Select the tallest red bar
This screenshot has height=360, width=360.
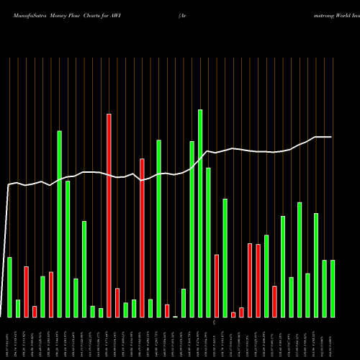click(109, 215)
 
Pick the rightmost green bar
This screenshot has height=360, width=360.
click(333, 288)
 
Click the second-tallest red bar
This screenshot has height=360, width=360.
click(142, 238)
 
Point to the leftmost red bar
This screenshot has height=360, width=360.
click(26, 292)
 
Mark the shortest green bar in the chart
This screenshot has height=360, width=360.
click(175, 316)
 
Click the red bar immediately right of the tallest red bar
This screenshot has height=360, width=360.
click(117, 302)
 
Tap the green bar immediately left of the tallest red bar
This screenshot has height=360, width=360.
click(101, 312)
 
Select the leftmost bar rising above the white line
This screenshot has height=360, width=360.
click(59, 223)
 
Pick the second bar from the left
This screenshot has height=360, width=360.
click(18, 308)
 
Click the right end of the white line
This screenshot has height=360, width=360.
click(331, 137)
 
